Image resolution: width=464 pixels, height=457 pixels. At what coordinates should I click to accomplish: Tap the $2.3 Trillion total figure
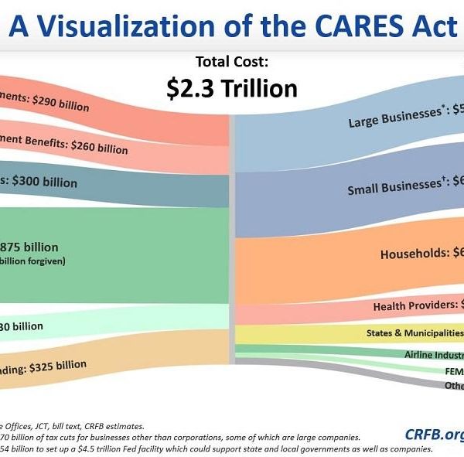231,88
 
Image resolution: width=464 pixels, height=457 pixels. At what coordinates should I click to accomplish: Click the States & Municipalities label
414,333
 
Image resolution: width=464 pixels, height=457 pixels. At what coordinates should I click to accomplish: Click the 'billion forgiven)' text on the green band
32,261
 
